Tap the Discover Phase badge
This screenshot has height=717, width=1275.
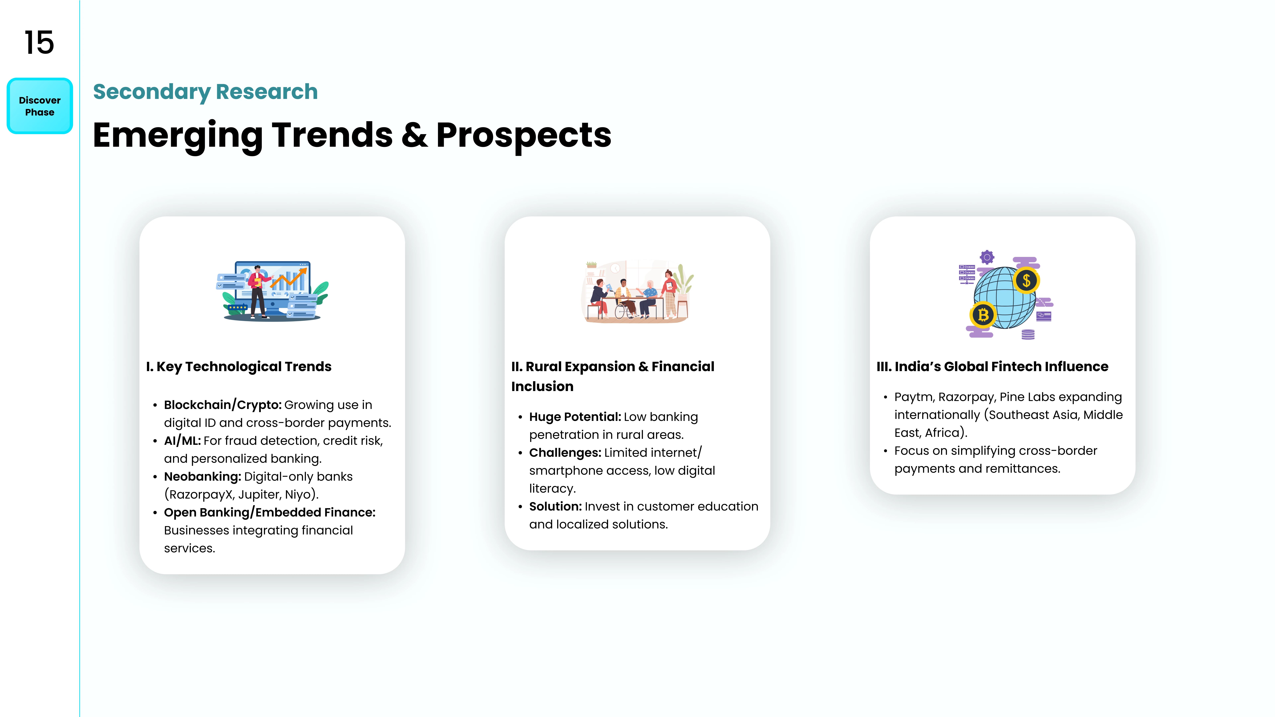pyautogui.click(x=40, y=106)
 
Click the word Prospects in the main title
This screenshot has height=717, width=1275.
pyautogui.click(x=524, y=136)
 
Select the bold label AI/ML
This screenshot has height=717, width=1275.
pyautogui.click(x=182, y=440)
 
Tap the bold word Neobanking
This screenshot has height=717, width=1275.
pyautogui.click(x=202, y=477)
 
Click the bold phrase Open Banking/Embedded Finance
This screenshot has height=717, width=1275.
pyautogui.click(x=270, y=513)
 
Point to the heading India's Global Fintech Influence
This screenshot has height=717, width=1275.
pyautogui.click(x=992, y=367)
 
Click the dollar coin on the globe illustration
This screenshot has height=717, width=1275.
pyautogui.click(x=1026, y=280)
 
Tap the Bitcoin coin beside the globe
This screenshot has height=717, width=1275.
pyautogui.click(x=983, y=315)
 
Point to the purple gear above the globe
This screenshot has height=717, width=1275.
pyautogui.click(x=987, y=257)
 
